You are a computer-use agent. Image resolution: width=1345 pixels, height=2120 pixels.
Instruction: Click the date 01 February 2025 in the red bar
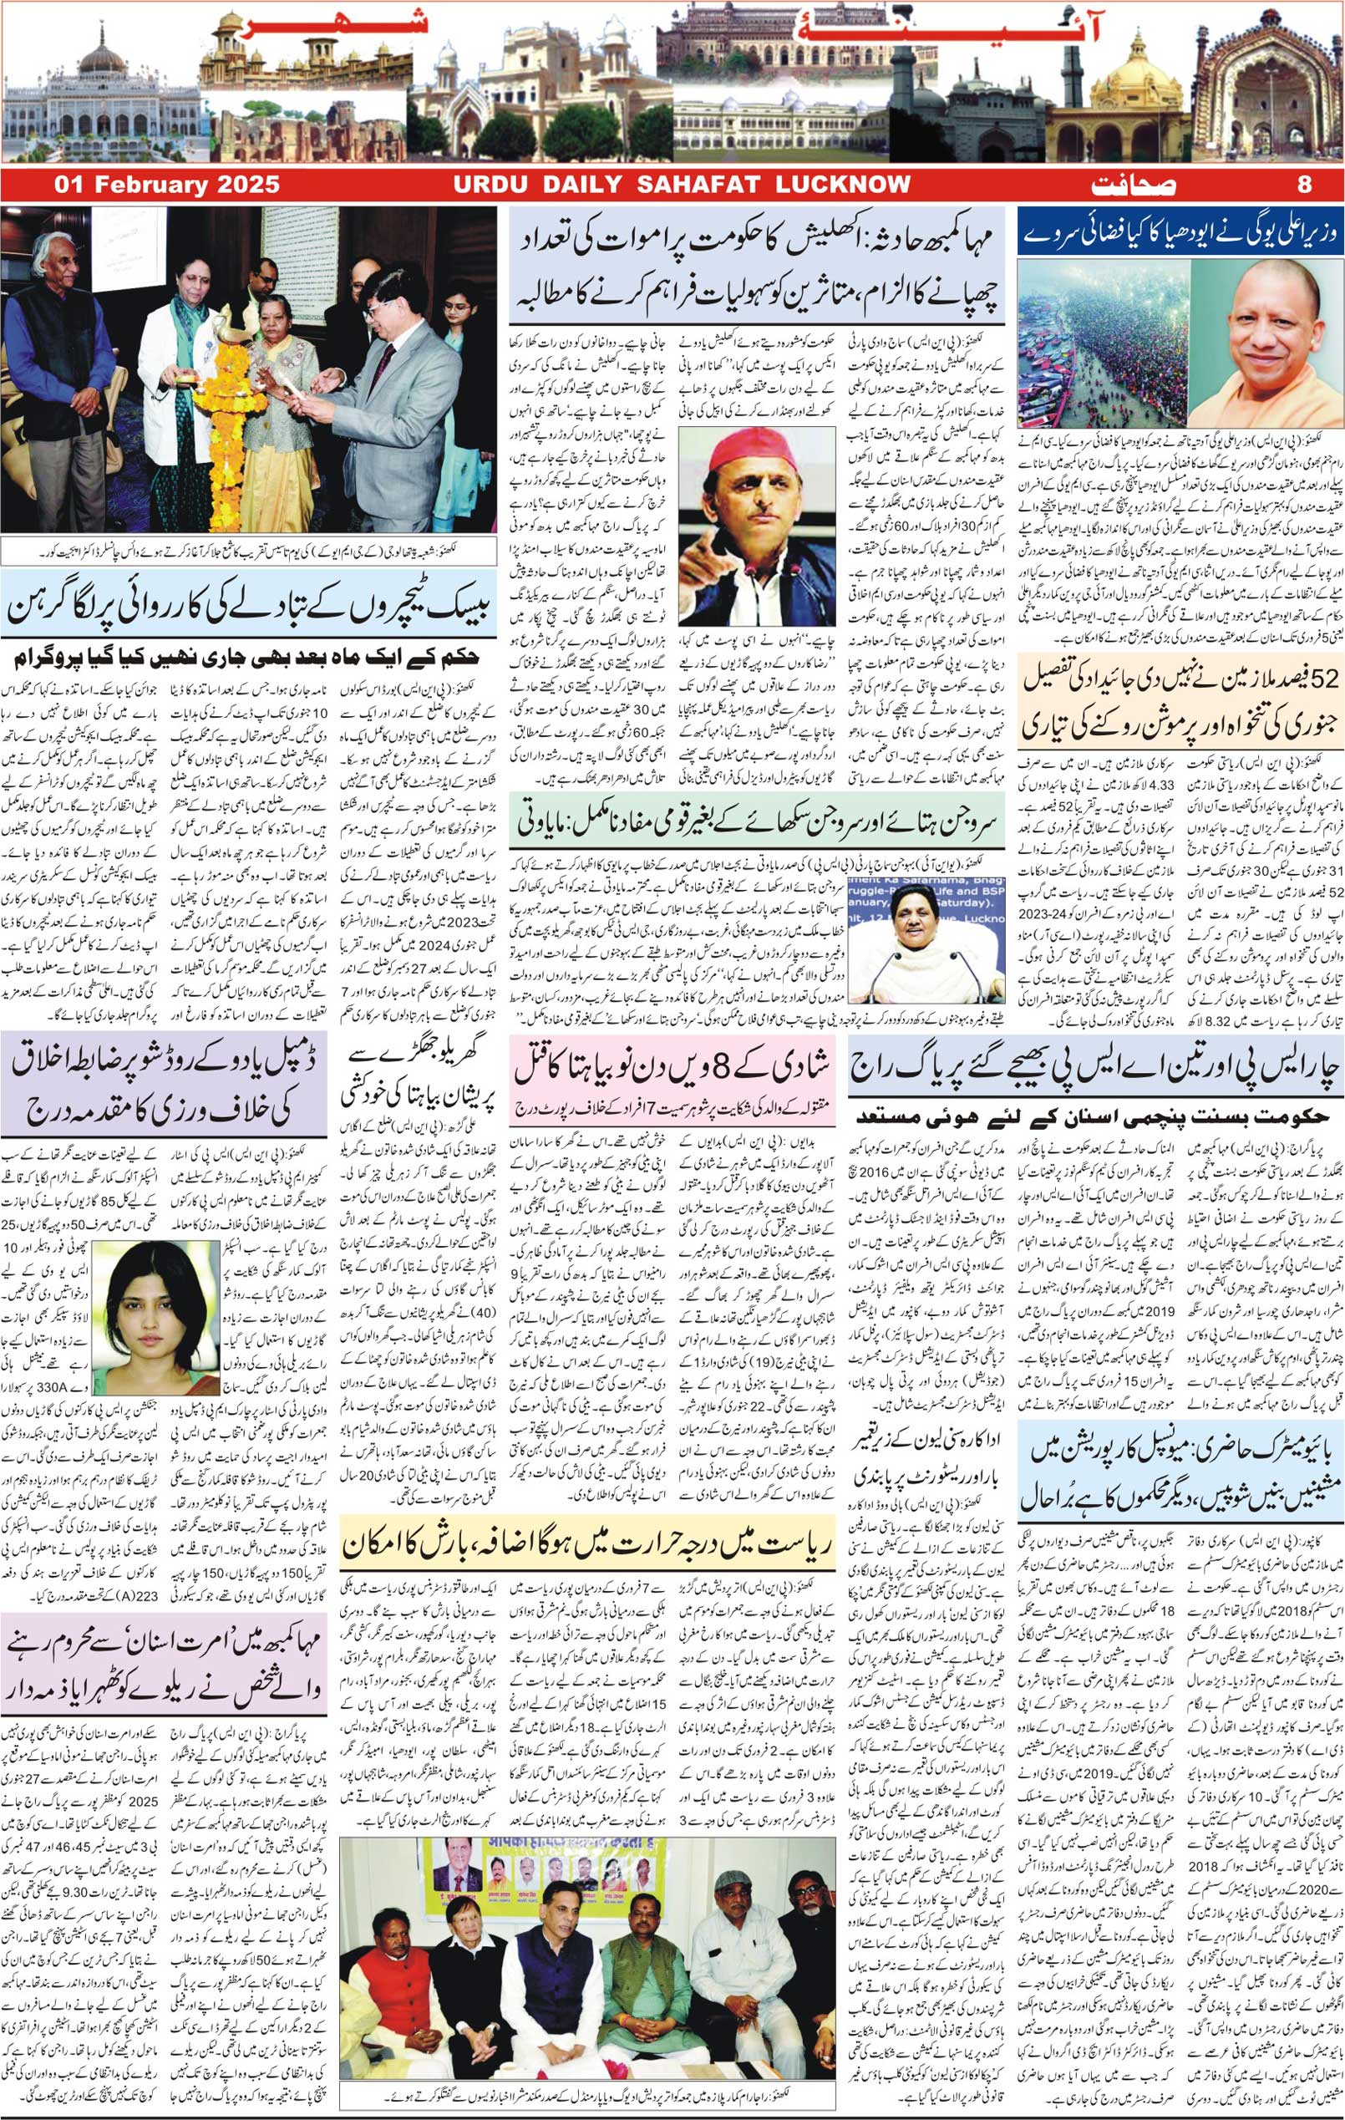tap(167, 185)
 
